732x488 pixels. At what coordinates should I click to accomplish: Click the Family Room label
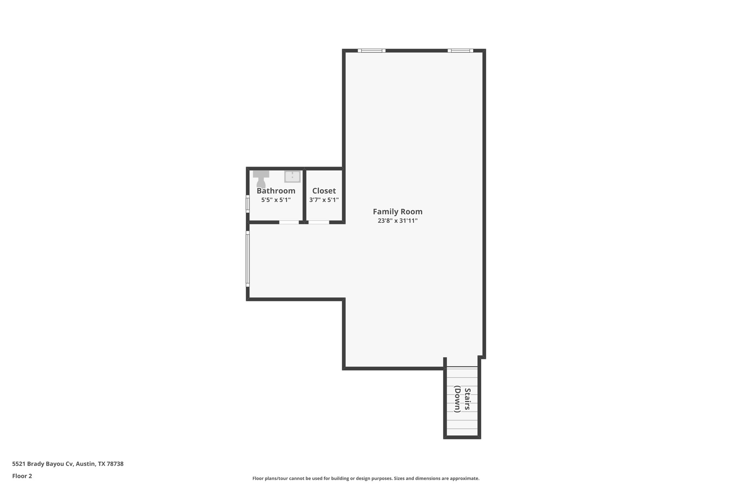click(x=397, y=212)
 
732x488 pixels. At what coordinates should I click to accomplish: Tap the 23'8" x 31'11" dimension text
click(x=397, y=221)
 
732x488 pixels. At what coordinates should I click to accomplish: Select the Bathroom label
click(x=276, y=191)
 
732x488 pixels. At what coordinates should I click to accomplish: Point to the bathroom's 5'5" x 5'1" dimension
click(x=276, y=200)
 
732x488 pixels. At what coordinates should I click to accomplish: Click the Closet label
click(x=324, y=191)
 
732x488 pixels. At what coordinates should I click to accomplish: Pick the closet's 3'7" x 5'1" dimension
click(x=324, y=200)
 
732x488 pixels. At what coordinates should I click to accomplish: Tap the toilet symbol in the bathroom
click(x=261, y=179)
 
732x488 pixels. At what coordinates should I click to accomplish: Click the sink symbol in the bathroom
click(x=292, y=177)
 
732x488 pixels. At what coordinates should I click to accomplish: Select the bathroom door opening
click(x=289, y=222)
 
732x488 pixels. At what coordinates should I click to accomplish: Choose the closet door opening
click(x=318, y=222)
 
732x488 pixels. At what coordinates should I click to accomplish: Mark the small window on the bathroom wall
click(x=247, y=204)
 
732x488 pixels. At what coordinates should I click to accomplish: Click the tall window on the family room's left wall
click(x=247, y=259)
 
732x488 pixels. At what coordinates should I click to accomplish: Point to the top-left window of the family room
click(x=371, y=51)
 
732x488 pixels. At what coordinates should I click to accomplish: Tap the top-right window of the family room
click(x=460, y=51)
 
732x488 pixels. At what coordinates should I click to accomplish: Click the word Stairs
click(x=467, y=399)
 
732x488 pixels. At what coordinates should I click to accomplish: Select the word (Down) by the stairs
click(x=457, y=399)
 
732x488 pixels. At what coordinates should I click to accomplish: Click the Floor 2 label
click(x=22, y=476)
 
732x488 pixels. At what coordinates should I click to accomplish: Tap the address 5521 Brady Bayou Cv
click(x=43, y=464)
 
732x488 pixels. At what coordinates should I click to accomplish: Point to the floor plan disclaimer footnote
click(x=366, y=478)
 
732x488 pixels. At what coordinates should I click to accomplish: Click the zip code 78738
click(x=115, y=464)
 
